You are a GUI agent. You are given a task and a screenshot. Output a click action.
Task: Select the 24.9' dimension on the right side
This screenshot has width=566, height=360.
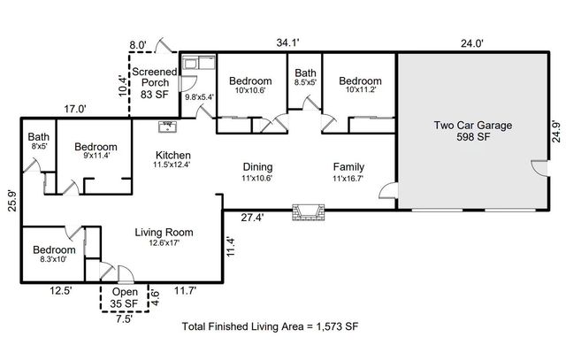pyautogui.click(x=556, y=130)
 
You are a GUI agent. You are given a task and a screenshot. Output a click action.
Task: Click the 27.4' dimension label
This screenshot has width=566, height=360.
pyautogui.click(x=255, y=217)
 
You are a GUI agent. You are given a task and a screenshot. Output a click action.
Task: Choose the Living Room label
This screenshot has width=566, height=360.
pyautogui.click(x=164, y=238)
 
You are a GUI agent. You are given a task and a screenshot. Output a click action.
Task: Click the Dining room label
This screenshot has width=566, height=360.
pyautogui.click(x=257, y=172)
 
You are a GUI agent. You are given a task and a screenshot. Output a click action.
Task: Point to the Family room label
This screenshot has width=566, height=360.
pyautogui.click(x=348, y=172)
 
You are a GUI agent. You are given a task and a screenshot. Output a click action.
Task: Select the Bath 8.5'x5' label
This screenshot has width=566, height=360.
pyautogui.click(x=306, y=79)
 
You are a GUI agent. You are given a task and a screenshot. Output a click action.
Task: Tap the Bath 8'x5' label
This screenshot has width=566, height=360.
pyautogui.click(x=38, y=142)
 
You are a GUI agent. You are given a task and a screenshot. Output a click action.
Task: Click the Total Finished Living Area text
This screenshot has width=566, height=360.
pyautogui.click(x=270, y=326)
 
